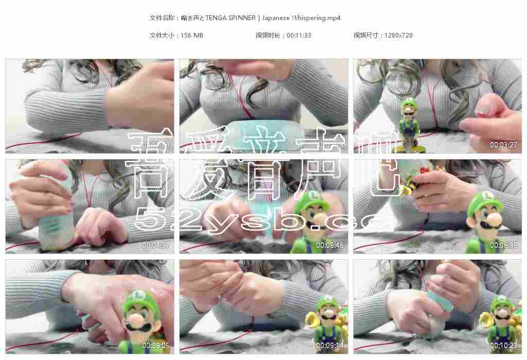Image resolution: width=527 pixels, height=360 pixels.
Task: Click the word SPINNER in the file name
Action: coord(242,18)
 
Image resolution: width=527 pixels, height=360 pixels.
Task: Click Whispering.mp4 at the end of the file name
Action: coord(316,18)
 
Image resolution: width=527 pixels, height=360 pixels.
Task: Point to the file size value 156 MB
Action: coord(192,35)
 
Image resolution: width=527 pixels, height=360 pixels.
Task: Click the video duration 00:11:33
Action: coord(298,35)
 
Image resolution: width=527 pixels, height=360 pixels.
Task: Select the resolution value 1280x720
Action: coord(398,35)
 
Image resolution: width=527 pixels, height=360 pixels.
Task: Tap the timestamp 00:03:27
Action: coord(503,145)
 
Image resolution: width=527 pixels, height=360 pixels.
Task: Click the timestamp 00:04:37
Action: coord(155,245)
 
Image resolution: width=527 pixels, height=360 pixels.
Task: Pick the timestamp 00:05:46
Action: coord(329,245)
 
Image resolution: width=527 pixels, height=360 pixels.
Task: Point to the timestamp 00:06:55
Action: coord(503,245)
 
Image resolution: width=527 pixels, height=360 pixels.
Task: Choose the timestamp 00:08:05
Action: coord(155,346)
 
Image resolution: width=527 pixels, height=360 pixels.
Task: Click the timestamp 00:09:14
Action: coord(329,346)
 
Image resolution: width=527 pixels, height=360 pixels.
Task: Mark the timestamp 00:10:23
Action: coord(503,346)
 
